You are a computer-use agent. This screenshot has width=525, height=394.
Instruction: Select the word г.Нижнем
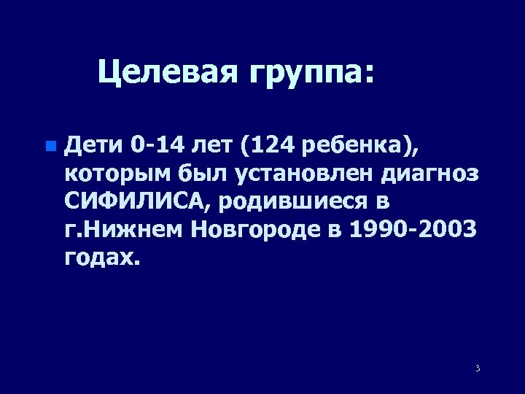[124, 231]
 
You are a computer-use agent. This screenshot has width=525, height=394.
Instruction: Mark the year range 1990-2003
[413, 231]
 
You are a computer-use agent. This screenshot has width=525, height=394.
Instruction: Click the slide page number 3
[477, 368]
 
